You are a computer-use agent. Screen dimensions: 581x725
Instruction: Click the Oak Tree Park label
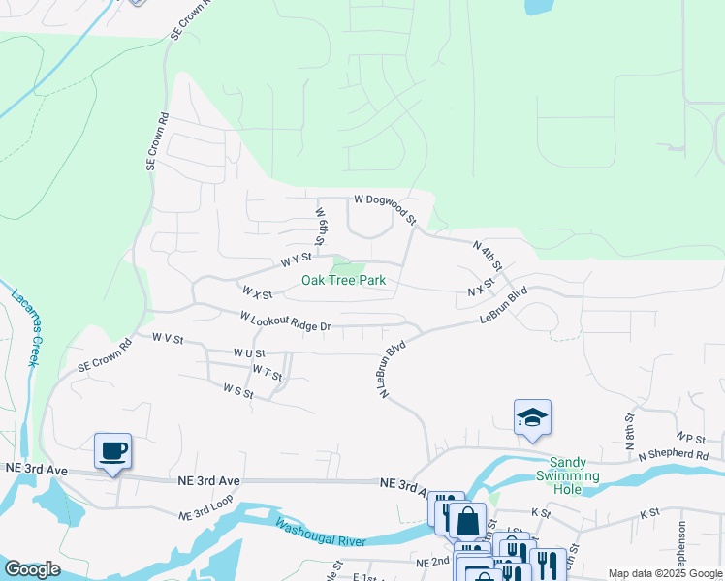pos(343,280)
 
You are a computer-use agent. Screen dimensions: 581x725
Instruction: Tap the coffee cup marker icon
pos(112,450)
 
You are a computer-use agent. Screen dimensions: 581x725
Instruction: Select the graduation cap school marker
pos(532,417)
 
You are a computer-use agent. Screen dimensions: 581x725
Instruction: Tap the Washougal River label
pos(319,533)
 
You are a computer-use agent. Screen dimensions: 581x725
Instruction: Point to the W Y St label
pos(296,259)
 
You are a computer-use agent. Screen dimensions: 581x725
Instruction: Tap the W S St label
pos(237,390)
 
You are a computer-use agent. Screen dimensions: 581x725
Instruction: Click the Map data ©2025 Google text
pos(665,573)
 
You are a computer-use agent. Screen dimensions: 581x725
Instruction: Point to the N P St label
pos(690,437)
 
